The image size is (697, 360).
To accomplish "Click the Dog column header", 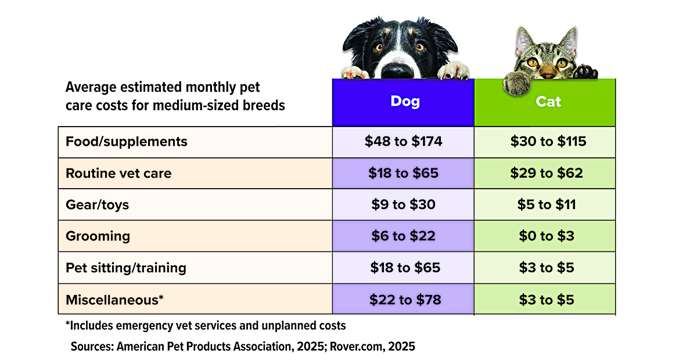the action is coord(403,102).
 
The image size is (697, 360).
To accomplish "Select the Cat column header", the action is coord(545,102).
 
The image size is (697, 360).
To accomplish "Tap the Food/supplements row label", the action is coord(127,142).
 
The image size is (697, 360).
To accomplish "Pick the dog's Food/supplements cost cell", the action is coord(403,142).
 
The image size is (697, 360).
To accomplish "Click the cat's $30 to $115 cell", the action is coord(545,142).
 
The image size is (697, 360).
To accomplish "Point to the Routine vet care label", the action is coord(118,173).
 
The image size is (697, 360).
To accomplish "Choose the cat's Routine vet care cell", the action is coord(545,173).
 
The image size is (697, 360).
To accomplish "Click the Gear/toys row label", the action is coord(97,205).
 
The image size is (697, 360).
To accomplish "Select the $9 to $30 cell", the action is coord(403,205).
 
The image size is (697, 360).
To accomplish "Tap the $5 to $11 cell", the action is coord(545,205).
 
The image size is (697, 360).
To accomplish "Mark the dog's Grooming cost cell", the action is coord(403,236).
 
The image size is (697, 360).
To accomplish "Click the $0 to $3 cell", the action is coord(545,236).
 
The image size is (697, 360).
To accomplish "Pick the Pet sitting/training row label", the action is coord(126,268).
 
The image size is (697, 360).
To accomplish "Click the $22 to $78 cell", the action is coord(403,300).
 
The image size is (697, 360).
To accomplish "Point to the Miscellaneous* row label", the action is coord(114,300).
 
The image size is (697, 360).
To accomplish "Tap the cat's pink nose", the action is coord(548,75).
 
